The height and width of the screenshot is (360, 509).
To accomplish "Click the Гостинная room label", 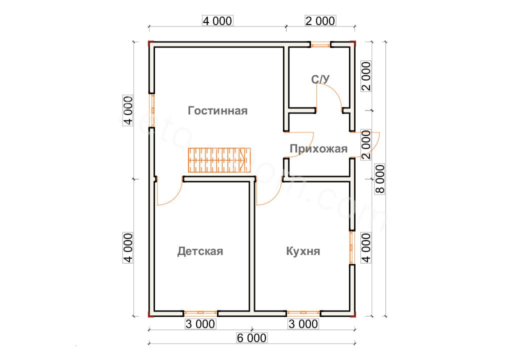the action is tap(217, 110).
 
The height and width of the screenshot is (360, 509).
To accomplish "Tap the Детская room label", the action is tap(200, 251).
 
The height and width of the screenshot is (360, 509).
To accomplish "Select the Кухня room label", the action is tap(303, 251).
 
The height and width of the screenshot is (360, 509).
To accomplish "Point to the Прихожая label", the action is tap(318, 148).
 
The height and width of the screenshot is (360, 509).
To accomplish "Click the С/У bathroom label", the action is tap(321, 79).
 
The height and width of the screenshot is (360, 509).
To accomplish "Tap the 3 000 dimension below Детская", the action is tap(200, 324).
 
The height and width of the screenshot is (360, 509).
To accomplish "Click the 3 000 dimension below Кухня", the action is tap(303, 324).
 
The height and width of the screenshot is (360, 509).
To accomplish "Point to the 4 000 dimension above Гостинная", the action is tap(217, 20).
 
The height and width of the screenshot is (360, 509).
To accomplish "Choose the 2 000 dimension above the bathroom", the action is tap(319, 20).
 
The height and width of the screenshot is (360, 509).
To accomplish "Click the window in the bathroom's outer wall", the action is tap(320, 44).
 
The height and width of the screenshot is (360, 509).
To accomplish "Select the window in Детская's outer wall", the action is tap(200, 313).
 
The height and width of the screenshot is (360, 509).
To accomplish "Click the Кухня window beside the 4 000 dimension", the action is tap(351, 247).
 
